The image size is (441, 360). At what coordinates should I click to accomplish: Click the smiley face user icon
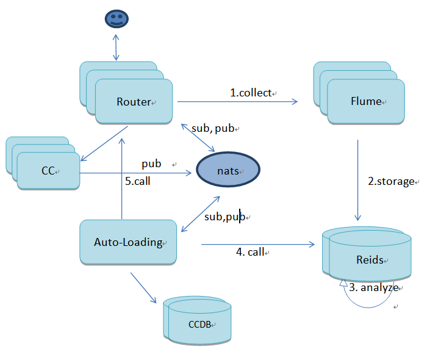115,20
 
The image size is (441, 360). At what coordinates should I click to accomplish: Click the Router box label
134,102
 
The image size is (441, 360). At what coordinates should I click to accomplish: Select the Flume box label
366,101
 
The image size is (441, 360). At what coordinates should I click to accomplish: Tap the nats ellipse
228,171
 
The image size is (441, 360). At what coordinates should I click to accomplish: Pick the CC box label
49,171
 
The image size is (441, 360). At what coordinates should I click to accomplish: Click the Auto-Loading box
128,242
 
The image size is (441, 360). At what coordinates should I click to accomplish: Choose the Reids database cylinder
369,260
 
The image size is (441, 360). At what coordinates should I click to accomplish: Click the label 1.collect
250,93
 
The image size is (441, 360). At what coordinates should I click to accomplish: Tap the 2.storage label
391,182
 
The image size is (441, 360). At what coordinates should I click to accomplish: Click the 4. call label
250,251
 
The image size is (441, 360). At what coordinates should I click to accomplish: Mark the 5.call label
138,181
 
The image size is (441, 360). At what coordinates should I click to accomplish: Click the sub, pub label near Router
213,129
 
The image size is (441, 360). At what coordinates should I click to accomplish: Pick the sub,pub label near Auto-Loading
224,217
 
